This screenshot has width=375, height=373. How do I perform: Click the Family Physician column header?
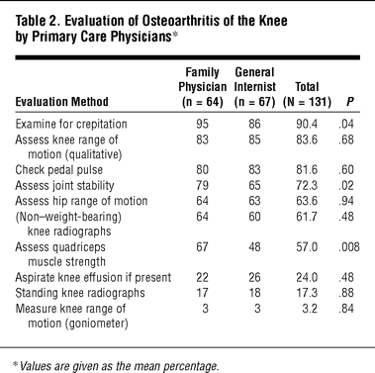pos(203,87)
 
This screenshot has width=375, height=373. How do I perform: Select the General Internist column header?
pos(254,87)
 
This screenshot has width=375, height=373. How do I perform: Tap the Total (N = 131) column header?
pos(307,94)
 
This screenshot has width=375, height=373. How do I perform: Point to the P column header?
pos(350,102)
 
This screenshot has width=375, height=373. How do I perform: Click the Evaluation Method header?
pos(61,102)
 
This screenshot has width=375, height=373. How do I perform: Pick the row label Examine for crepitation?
pos(71,125)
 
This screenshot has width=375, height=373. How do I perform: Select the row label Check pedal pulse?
pos(58,170)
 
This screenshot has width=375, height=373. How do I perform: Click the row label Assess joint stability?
pos(64,185)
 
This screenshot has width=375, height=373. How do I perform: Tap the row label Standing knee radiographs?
pos(80,293)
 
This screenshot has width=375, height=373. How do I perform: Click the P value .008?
pos(349,247)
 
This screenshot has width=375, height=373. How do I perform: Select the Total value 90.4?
pos(307,124)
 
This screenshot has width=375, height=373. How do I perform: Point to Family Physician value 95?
pos(202,124)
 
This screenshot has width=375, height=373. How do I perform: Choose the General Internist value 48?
pos(254,247)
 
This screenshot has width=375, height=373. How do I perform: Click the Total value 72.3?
pos(307,185)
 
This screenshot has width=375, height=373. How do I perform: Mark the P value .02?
pos(346,185)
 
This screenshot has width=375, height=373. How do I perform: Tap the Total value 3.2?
pos(310,309)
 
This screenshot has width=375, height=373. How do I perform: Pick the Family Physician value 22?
pos(202,278)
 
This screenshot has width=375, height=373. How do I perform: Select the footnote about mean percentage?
pos(116,366)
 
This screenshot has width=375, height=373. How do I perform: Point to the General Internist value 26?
pos(254,278)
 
